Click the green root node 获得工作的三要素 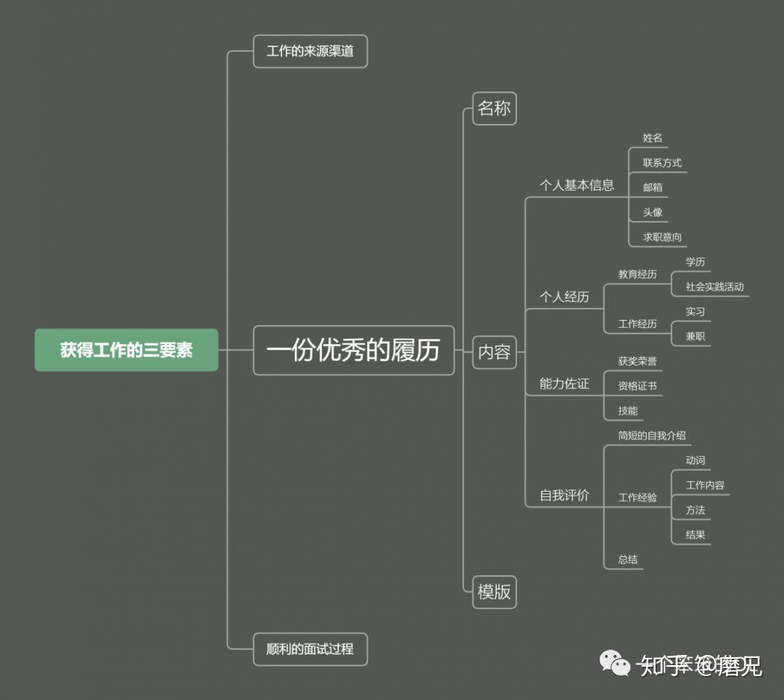pos(126,350)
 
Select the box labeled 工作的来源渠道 pos(310,52)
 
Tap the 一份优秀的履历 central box pos(354,350)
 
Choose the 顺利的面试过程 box pos(310,649)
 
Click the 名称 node pos(494,109)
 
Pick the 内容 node pos(494,353)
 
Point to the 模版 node pos(494,592)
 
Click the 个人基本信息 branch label pos(576,185)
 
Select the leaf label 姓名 pos(653,138)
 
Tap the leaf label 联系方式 pos(662,162)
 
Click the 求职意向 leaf pos(662,237)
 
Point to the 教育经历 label pos(637,274)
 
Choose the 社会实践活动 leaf pos(714,287)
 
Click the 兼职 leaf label pos(695,337)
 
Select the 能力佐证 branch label pos(564,384)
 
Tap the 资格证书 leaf pos(637,386)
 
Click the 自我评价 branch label pos(564,495)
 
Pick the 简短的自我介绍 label pos(652,436)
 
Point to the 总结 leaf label pos(628,559)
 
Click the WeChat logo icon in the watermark pos(614,663)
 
